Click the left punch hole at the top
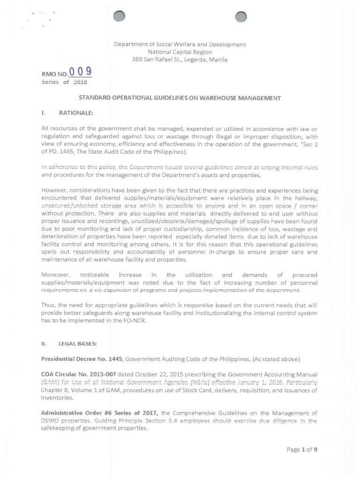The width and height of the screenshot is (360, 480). pos(120,16)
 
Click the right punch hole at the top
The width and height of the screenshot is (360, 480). pos(240,17)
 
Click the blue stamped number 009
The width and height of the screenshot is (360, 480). pos(80,72)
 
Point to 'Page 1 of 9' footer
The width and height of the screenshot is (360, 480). pos(302,450)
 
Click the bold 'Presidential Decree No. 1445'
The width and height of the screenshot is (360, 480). pos(82,359)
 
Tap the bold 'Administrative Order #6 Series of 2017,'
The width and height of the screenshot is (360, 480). pos(101,413)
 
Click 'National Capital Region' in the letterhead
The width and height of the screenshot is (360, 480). pos(180,52)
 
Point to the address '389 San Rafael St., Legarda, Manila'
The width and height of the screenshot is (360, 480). pos(180,60)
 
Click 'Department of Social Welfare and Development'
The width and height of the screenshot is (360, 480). pos(180,45)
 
